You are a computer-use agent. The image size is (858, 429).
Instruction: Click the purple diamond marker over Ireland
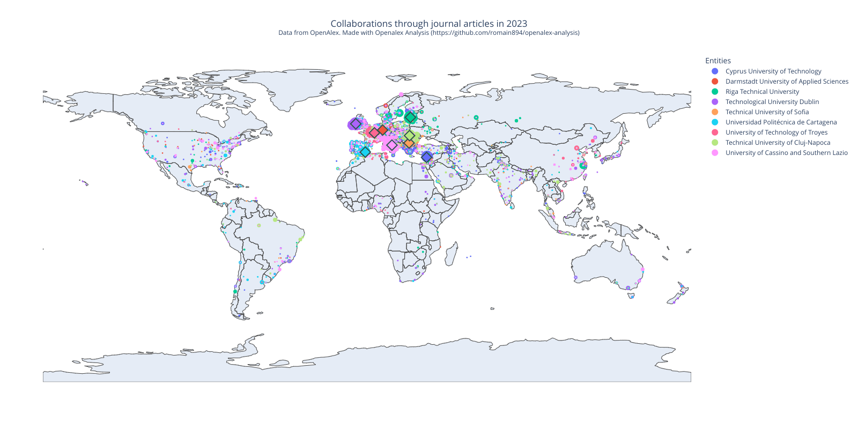click(x=355, y=124)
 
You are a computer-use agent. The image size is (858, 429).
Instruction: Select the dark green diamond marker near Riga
click(x=410, y=117)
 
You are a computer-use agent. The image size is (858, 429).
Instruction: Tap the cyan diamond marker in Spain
click(x=365, y=152)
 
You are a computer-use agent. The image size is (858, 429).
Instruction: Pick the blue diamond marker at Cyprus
click(x=426, y=157)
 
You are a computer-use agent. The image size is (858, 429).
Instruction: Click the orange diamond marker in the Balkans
click(x=409, y=143)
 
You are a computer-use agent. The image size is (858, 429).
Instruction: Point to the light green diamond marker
click(x=410, y=136)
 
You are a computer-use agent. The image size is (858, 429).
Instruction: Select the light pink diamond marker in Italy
click(x=392, y=145)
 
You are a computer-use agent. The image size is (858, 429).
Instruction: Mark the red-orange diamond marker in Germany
click(x=382, y=130)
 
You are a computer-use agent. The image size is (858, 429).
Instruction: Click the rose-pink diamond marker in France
click(x=374, y=133)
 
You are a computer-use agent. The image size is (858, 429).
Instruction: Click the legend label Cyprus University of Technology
click(x=773, y=71)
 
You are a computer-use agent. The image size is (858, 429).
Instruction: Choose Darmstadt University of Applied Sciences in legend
click(x=787, y=82)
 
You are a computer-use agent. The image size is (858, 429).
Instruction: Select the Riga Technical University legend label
click(x=762, y=92)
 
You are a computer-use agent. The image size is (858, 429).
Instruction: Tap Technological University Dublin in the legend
click(x=772, y=102)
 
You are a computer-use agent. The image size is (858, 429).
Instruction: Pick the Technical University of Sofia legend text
click(x=767, y=112)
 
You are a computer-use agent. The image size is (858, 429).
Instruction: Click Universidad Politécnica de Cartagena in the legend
click(x=781, y=122)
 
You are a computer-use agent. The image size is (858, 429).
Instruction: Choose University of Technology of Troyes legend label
click(x=776, y=132)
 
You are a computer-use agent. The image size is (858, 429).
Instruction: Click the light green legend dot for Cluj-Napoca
click(x=715, y=143)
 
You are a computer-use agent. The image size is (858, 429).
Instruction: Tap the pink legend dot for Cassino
click(x=715, y=153)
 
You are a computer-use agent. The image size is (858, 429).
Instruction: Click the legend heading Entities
click(x=718, y=61)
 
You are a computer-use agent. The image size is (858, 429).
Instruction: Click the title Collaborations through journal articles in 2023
click(x=429, y=24)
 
